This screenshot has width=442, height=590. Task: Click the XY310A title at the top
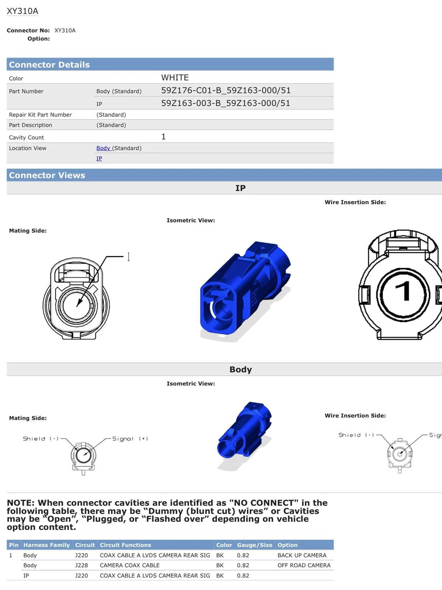click(22, 11)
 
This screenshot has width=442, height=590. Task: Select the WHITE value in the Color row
click(175, 77)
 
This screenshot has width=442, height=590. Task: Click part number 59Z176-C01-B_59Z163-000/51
click(226, 90)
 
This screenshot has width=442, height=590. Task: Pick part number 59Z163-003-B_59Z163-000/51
click(225, 103)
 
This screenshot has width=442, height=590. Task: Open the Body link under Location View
click(103, 148)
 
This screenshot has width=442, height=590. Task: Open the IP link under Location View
click(99, 158)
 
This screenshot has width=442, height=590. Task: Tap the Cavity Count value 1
click(163, 136)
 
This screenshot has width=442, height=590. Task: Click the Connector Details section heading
click(49, 65)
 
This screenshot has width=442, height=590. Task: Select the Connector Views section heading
click(47, 175)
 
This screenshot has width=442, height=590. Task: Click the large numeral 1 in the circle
click(403, 291)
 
